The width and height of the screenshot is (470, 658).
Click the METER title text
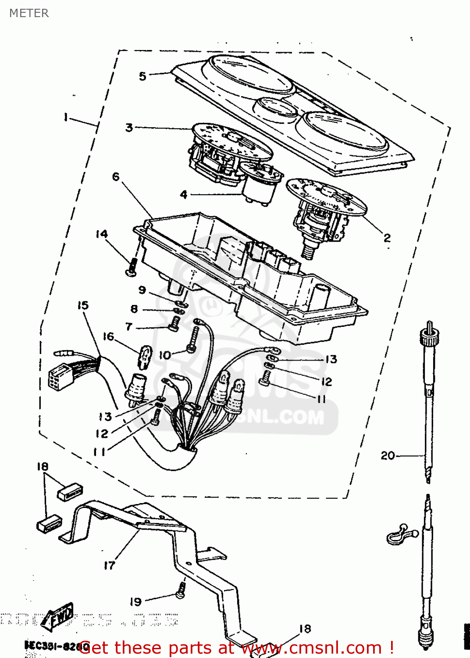29,13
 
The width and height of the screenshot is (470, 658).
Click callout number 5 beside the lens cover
142,76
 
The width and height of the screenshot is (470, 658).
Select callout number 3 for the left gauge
129,128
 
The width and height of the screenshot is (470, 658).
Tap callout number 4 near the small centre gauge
184,194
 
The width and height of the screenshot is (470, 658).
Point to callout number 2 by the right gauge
387,238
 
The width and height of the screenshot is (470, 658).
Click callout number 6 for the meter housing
116,177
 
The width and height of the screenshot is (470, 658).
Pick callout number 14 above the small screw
102,234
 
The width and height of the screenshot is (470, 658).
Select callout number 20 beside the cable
388,456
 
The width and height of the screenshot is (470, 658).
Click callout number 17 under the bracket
109,566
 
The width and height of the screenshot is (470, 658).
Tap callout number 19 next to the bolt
136,602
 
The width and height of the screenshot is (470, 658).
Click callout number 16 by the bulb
108,336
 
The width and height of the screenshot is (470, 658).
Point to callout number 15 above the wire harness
83,305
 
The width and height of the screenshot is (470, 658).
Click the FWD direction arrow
60,620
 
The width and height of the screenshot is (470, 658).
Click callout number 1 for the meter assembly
66,117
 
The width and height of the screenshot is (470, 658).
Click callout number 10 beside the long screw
164,355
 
